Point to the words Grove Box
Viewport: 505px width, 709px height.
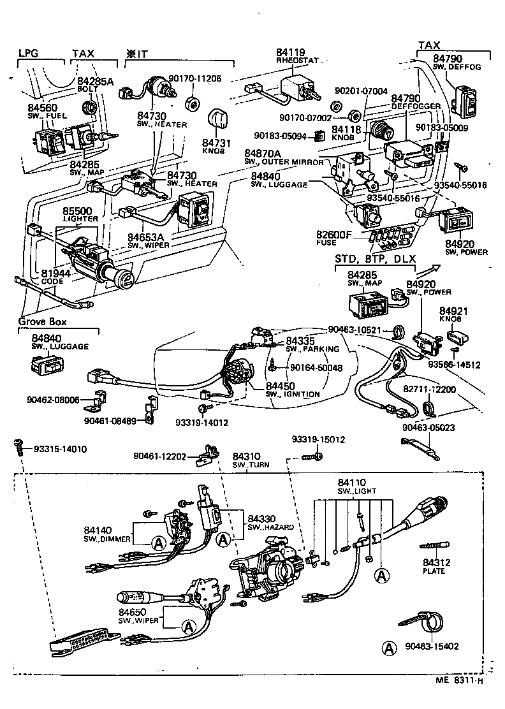[42, 321]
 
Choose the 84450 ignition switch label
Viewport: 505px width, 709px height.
[280, 386]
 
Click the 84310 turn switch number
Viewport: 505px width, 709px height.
[246, 457]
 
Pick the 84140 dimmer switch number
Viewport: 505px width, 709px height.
[98, 530]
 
